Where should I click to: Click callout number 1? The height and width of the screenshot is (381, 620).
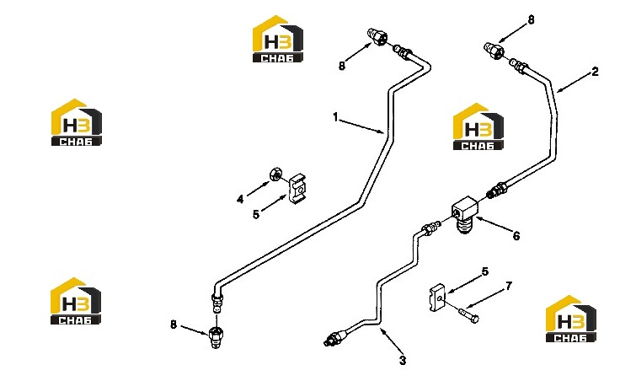click(336, 117)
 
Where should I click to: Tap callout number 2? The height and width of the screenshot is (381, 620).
click(595, 72)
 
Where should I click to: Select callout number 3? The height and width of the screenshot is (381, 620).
click(403, 361)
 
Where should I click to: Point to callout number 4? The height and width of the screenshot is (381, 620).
click(240, 199)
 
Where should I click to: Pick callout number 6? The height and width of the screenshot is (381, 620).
click(516, 236)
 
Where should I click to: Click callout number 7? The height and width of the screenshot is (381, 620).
click(509, 286)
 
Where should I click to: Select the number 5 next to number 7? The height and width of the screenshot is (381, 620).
click(485, 271)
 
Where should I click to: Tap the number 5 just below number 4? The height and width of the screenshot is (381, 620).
click(256, 214)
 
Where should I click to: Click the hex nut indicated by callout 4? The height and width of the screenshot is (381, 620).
click(275, 174)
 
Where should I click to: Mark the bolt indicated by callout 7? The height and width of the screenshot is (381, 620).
click(469, 314)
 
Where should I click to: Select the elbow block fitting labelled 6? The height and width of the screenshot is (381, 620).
click(466, 214)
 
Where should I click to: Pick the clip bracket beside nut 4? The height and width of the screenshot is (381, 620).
click(297, 190)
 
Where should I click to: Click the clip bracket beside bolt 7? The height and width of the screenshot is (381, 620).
click(437, 298)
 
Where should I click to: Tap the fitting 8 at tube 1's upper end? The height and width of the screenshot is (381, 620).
click(377, 37)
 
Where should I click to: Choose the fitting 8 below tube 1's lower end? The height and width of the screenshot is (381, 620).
click(215, 336)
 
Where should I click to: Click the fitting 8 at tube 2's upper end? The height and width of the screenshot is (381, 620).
click(494, 51)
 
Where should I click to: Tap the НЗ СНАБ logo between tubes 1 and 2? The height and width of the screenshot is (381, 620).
click(478, 126)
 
